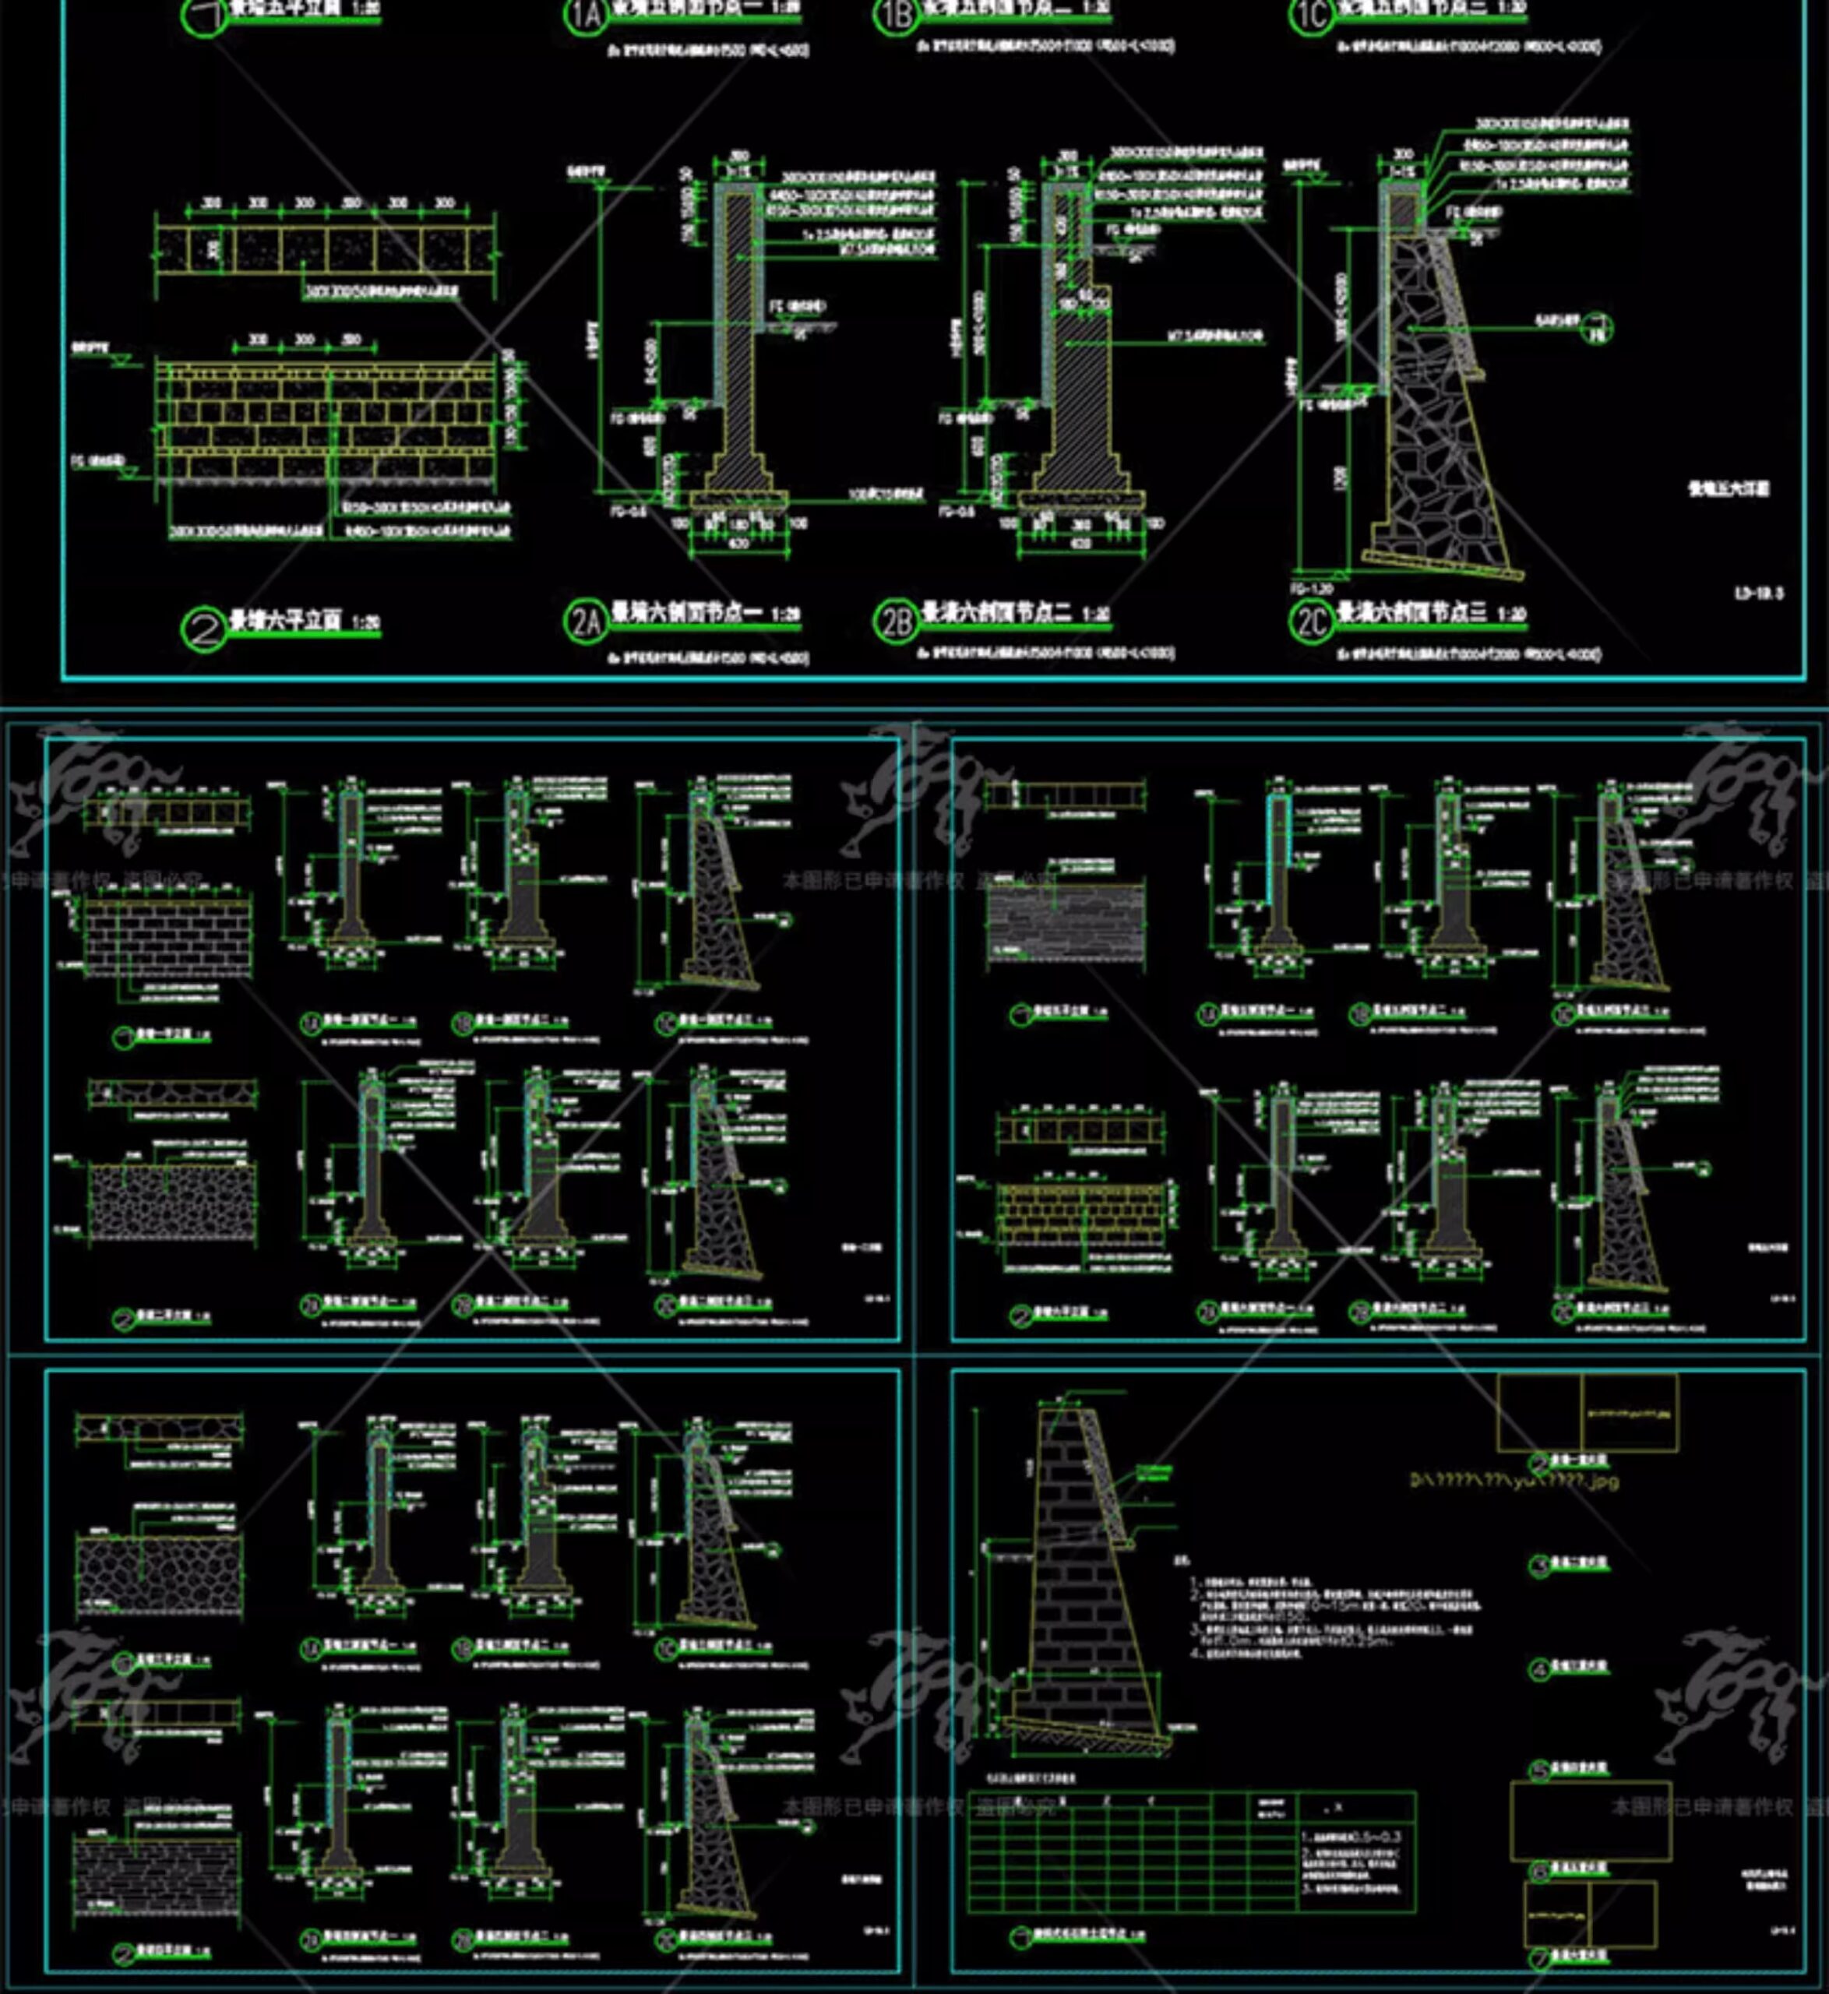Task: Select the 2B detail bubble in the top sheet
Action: click(895, 622)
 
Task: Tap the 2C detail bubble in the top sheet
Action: click(1311, 622)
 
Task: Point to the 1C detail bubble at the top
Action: click(1311, 14)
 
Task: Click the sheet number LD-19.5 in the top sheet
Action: click(1759, 594)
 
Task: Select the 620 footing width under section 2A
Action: click(738, 543)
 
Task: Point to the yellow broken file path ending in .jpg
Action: click(1514, 1481)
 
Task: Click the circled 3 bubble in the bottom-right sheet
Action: click(1539, 1566)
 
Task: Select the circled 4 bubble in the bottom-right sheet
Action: click(1539, 1672)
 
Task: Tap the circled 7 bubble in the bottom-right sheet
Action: click(1539, 1958)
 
